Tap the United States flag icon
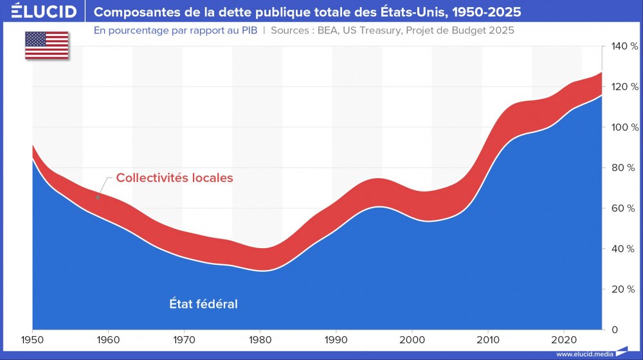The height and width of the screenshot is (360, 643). point(47,46)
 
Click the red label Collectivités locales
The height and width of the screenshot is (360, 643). point(174,178)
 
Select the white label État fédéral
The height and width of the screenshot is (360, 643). point(203,304)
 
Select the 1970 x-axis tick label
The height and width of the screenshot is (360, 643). point(184,339)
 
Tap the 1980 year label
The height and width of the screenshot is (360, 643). point(260,339)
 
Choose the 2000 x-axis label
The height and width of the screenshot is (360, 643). point(412,339)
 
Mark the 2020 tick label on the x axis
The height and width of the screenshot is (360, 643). point(563,339)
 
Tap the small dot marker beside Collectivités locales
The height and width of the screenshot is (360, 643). point(98,197)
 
